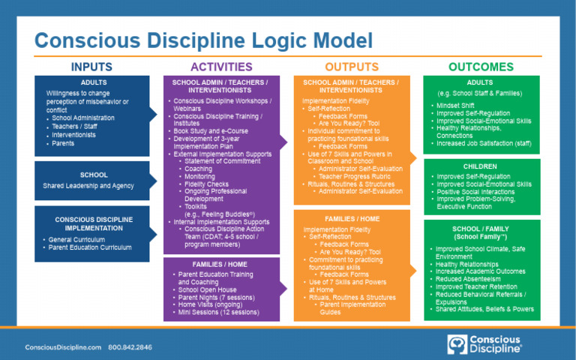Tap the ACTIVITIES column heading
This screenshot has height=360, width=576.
coord(221,67)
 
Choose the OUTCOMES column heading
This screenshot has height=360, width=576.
coord(481,67)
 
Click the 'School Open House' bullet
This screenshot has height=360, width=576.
coord(209,289)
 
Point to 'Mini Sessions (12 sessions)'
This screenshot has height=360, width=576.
coord(219,311)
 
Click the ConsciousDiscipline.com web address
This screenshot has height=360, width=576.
coord(63,347)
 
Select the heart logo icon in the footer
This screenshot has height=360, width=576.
coord(457,344)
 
